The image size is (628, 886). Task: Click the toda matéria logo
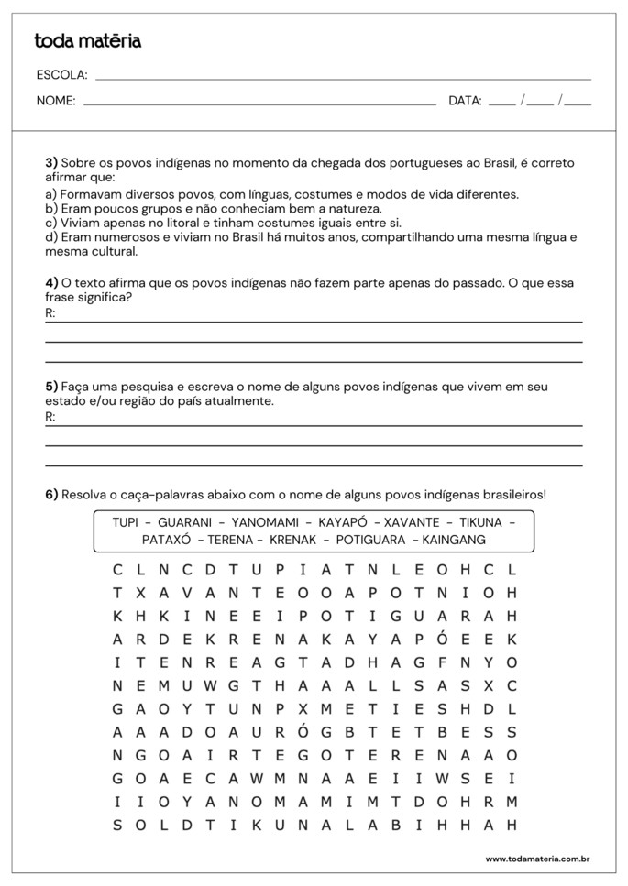88,41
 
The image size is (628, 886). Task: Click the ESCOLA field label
61,75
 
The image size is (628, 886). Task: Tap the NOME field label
56,101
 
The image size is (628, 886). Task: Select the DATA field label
465,101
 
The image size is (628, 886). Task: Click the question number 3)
52,163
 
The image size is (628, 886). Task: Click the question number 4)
52,283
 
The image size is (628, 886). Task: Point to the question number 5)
52,387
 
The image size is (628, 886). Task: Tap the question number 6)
52,495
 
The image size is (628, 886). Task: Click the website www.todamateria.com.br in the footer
536,859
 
